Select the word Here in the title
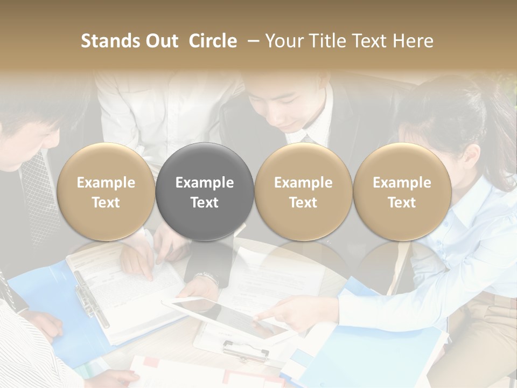[x=415, y=41]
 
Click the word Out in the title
[x=160, y=41]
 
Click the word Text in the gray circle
[x=205, y=203]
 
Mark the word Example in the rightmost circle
[x=402, y=183]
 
